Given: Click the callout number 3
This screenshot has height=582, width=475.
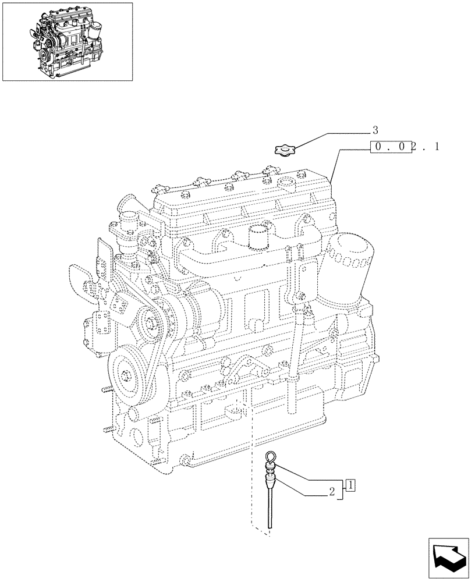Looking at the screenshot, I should (x=375, y=130).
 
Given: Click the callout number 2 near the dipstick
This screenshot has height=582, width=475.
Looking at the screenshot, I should (x=331, y=492).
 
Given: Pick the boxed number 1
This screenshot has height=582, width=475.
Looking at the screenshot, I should (x=350, y=484).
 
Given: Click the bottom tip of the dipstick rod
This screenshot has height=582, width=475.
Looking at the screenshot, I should (x=270, y=527).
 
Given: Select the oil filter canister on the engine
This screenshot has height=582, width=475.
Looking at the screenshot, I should (x=349, y=262).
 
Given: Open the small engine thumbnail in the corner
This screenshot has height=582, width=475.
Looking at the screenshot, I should (x=67, y=41).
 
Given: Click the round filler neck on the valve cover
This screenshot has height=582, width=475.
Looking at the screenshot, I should (x=288, y=186).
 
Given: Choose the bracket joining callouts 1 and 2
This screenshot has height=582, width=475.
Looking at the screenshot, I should (x=342, y=492).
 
